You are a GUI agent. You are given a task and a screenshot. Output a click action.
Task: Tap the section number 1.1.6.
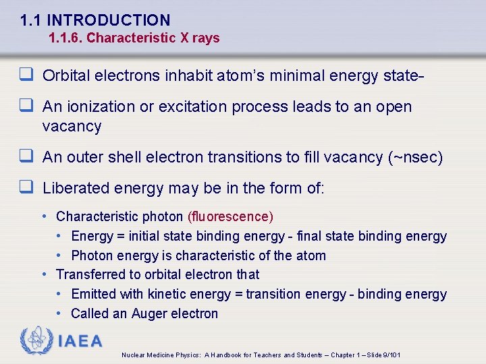pyautogui.click(x=65, y=38)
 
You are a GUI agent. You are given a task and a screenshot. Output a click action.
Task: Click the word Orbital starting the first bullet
pyautogui.click(x=65, y=75)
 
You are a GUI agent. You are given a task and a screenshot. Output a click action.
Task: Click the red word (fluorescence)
pyautogui.click(x=230, y=217)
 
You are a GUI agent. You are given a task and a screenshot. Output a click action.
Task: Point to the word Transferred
pyautogui.click(x=90, y=274)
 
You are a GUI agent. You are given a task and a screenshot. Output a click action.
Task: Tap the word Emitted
pyautogui.click(x=93, y=294)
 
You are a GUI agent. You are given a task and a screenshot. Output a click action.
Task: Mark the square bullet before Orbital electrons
pyautogui.click(x=28, y=75)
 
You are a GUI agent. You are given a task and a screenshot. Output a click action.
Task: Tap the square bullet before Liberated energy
pyautogui.click(x=28, y=188)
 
